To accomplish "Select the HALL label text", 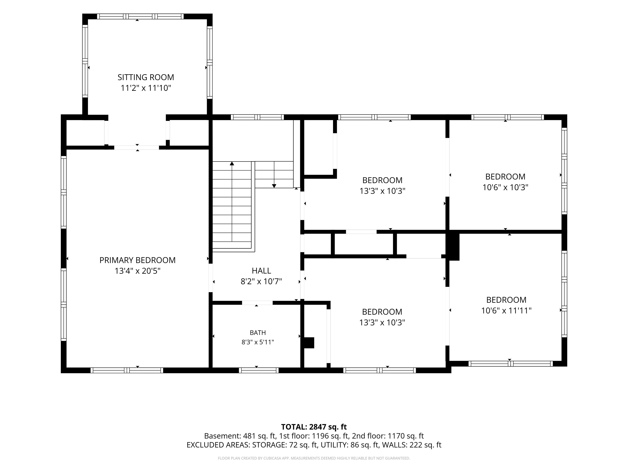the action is [x=261, y=271].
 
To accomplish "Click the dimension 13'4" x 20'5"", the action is [x=137, y=271].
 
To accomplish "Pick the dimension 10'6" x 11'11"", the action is [x=506, y=311].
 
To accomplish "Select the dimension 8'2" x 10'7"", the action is [x=261, y=281].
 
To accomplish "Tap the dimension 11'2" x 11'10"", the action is [x=146, y=88].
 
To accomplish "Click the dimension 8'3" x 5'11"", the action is [x=258, y=342].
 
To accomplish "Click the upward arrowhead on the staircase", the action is [x=232, y=163].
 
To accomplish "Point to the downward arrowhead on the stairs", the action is [x=274, y=186].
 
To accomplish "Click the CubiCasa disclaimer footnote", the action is [x=314, y=458].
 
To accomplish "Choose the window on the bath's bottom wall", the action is [x=259, y=370].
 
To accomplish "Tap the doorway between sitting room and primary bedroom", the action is [x=137, y=148].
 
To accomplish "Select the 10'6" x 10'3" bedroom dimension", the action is [x=505, y=187].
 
